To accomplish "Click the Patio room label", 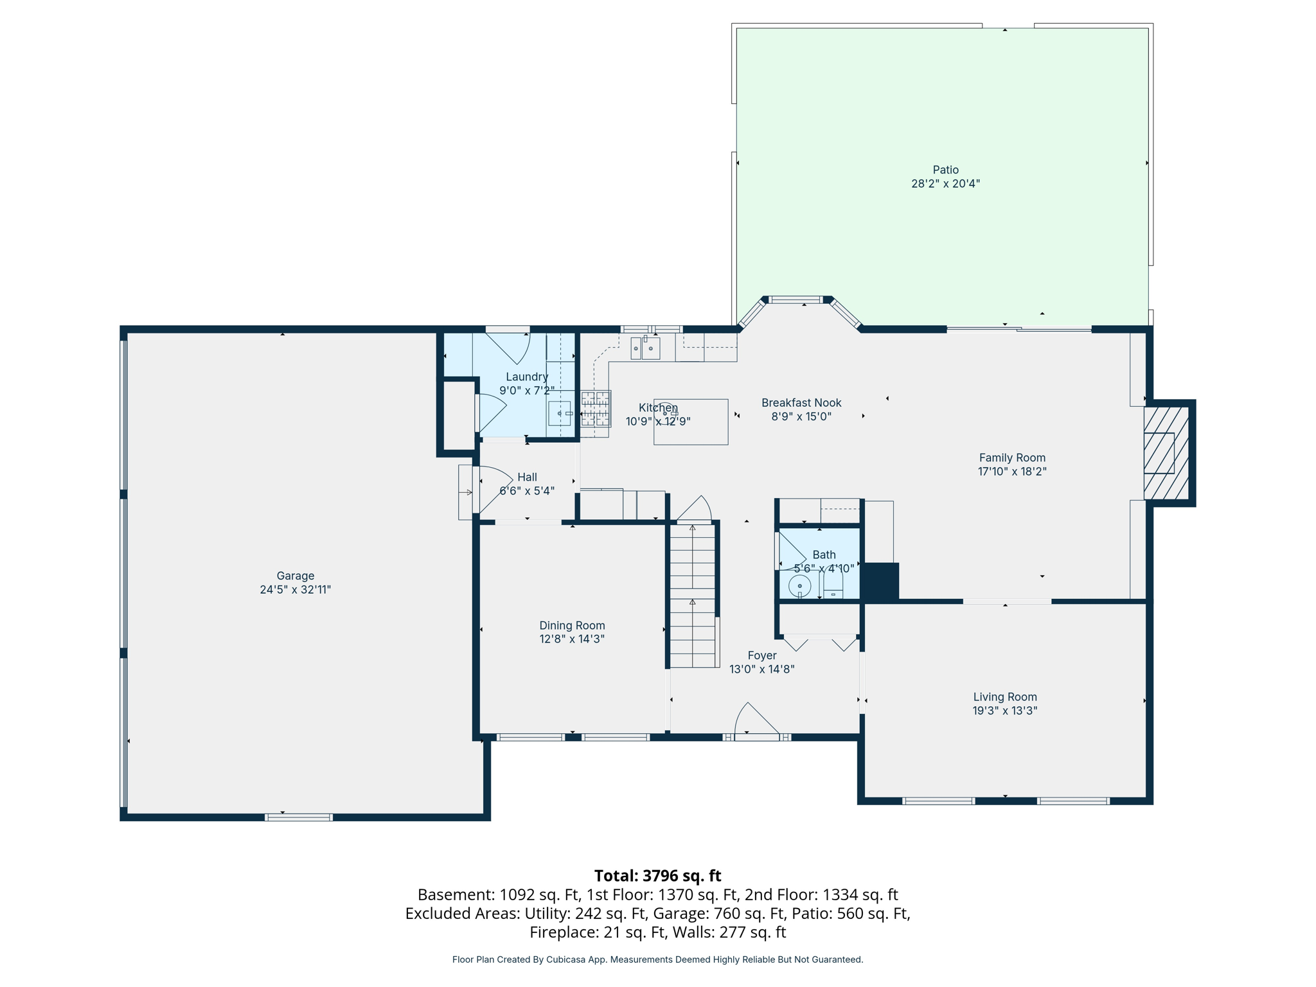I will click(945, 170).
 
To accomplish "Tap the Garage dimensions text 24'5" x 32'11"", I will click(295, 590).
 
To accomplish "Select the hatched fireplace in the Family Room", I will click(1166, 453).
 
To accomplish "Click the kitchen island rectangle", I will click(691, 423).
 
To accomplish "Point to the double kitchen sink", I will click(645, 348).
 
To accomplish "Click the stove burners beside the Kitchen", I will click(596, 409).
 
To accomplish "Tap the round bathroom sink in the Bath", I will click(799, 586).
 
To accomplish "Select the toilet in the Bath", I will click(833, 584).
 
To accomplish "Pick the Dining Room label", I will click(572, 625).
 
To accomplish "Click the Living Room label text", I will click(1004, 697).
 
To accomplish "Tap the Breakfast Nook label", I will click(801, 403).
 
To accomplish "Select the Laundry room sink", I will click(560, 413).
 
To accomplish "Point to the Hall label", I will click(527, 477).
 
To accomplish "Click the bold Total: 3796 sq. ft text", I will click(657, 876).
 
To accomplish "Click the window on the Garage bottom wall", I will click(298, 817).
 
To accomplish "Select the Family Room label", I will click(1011, 458).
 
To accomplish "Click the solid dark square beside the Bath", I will click(880, 582).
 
